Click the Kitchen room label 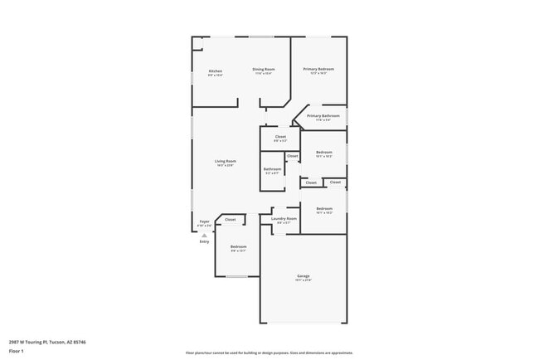point(215,71)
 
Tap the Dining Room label point(264,69)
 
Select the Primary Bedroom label point(318,69)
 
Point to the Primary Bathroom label point(323,115)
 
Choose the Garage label point(303,275)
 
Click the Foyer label point(204,221)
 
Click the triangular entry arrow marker point(204,235)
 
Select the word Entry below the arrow point(204,241)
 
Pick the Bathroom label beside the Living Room point(273,169)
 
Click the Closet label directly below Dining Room point(280,136)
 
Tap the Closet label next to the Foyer point(231,219)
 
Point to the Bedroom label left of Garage point(238,246)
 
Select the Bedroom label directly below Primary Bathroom point(323,152)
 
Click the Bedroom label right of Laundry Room point(323,208)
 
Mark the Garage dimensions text point(303,280)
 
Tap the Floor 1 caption point(17,351)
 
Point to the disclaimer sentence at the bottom point(269,352)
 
